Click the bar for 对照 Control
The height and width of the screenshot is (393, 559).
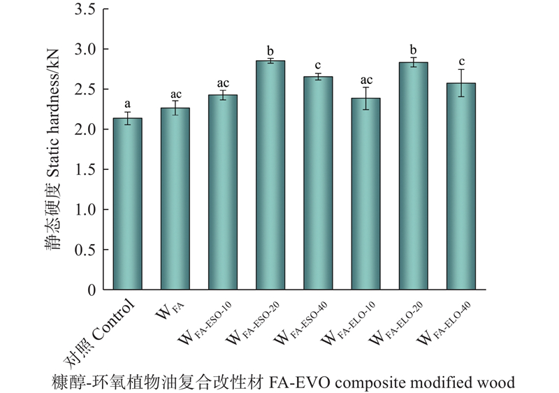(x=127, y=203)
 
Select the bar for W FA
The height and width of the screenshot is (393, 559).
(x=175, y=199)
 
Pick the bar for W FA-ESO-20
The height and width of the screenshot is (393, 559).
(x=270, y=175)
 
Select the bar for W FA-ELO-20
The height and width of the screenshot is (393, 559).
(x=413, y=176)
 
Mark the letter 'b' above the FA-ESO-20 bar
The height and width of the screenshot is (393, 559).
(x=270, y=51)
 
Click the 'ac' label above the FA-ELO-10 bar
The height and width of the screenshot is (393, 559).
(x=365, y=80)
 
